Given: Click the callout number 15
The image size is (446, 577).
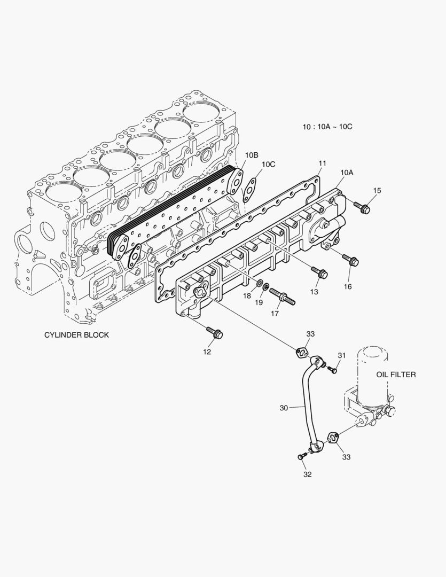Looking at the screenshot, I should (377, 191).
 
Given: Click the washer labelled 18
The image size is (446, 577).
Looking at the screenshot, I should (259, 283).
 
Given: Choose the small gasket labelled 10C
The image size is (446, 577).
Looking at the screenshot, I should (249, 189).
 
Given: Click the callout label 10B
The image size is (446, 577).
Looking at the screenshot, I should (252, 155).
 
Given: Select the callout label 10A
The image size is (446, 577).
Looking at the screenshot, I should (347, 172).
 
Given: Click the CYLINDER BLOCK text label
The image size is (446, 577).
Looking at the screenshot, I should (76, 335).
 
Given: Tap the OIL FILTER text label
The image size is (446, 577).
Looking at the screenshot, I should (396, 375).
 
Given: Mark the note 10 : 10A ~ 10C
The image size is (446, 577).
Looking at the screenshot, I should (327, 127).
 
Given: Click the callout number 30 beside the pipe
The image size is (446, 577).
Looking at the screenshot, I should (284, 408).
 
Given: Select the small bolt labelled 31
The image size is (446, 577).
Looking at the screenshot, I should (332, 369).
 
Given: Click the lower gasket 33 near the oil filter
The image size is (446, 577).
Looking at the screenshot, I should (333, 438).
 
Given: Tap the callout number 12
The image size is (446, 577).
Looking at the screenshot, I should (207, 352).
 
